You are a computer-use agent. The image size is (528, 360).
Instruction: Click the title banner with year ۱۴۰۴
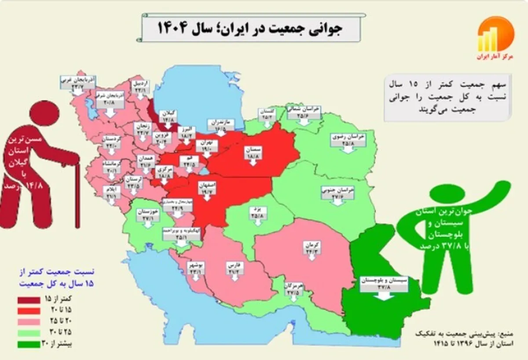251,28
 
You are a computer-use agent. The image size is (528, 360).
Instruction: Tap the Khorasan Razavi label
348,140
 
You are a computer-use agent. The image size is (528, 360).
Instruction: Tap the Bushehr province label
196,269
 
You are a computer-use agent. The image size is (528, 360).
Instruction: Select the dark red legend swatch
29,300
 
